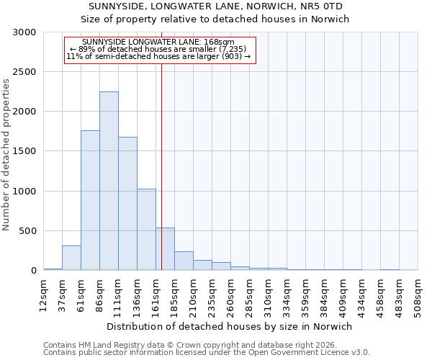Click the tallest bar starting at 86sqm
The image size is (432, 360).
(109, 181)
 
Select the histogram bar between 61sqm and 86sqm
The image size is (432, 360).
(90, 200)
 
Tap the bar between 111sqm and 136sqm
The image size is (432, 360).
(127, 204)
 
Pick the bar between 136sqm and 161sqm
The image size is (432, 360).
(146, 230)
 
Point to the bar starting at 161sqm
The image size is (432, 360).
(165, 249)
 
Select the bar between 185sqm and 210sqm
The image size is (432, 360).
(184, 261)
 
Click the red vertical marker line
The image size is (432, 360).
(161, 166)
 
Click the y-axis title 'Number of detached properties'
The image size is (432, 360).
(6, 155)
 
